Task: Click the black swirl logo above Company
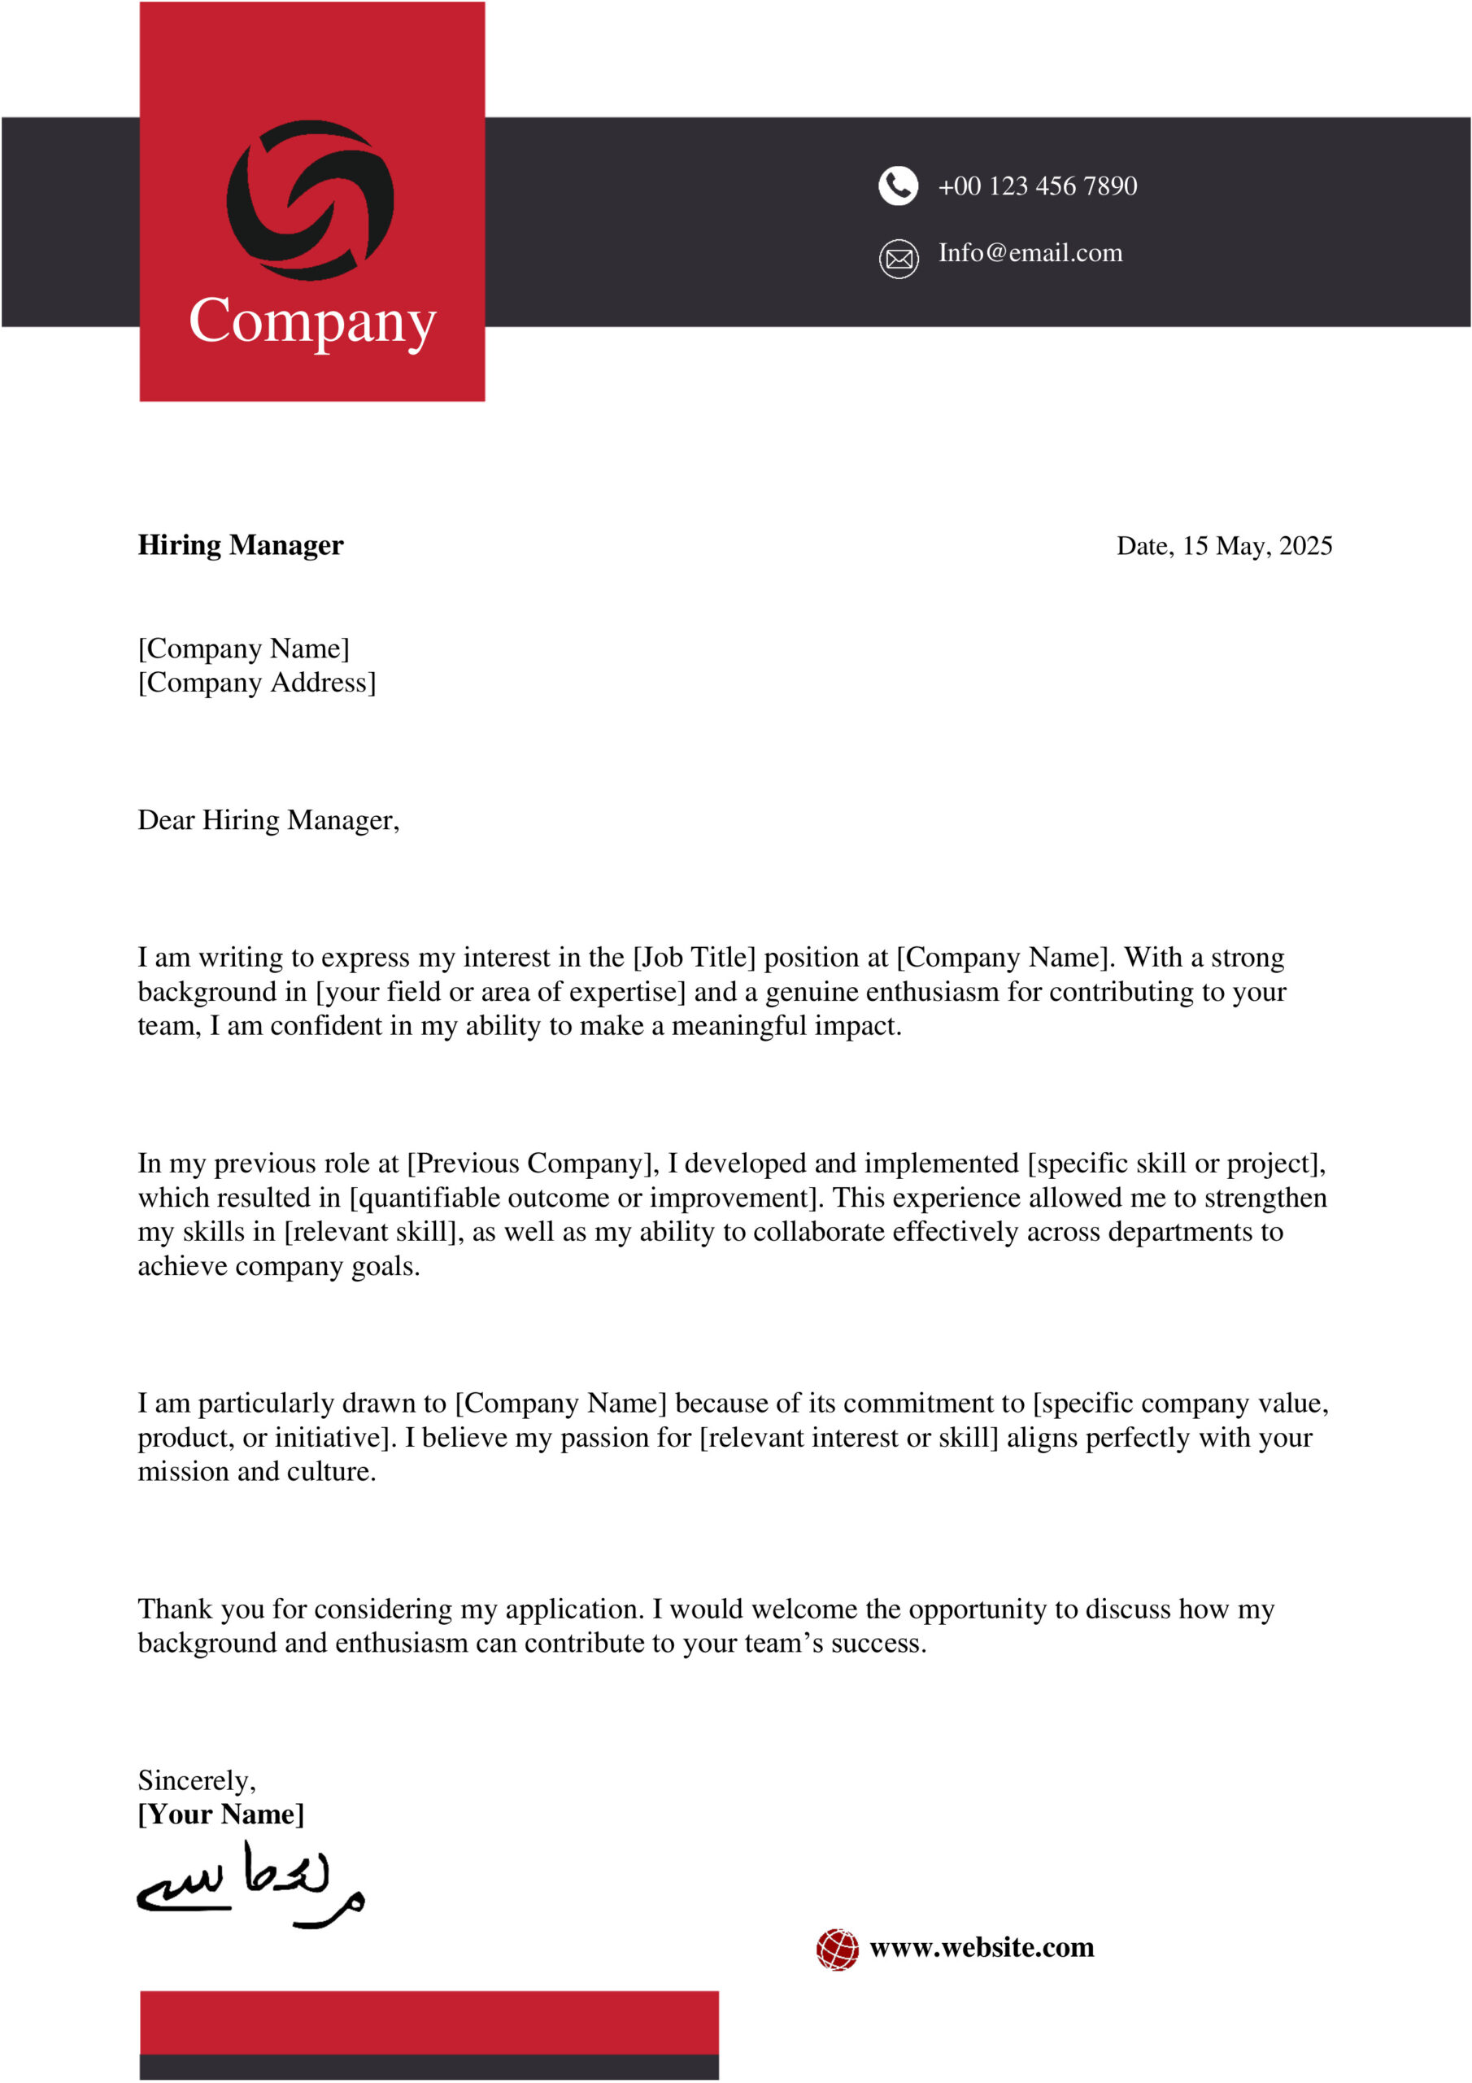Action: [310, 199]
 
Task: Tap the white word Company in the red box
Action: [312, 321]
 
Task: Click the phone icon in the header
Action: [898, 186]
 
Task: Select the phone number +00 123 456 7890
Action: [1037, 186]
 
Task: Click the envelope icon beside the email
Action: [898, 260]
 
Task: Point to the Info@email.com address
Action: [1030, 253]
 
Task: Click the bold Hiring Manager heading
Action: [241, 545]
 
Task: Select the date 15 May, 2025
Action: [1256, 546]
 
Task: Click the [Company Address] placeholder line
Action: [257, 682]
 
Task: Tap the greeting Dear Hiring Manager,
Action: [268, 820]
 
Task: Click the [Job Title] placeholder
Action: [694, 958]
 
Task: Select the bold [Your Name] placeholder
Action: [220, 1814]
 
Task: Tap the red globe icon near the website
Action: [836, 1949]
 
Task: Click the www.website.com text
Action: [982, 1948]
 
